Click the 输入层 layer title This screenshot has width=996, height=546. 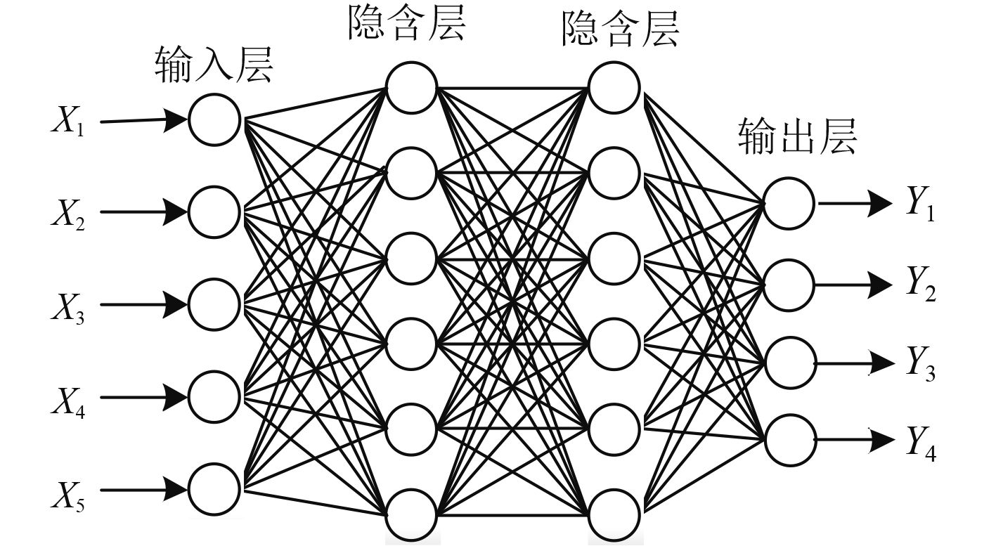click(213, 66)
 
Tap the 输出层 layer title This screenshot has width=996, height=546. click(798, 136)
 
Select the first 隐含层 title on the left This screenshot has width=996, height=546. click(406, 25)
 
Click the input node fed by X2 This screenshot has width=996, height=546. click(214, 211)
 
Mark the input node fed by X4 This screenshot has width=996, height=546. click(214, 396)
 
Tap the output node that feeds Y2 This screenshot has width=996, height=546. click(789, 285)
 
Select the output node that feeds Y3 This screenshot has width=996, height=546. click(789, 363)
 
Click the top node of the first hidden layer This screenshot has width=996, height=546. click(411, 88)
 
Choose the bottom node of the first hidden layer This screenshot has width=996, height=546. click(411, 515)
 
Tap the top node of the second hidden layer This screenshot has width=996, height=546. click(614, 88)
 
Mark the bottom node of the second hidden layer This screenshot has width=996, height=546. click(614, 515)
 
